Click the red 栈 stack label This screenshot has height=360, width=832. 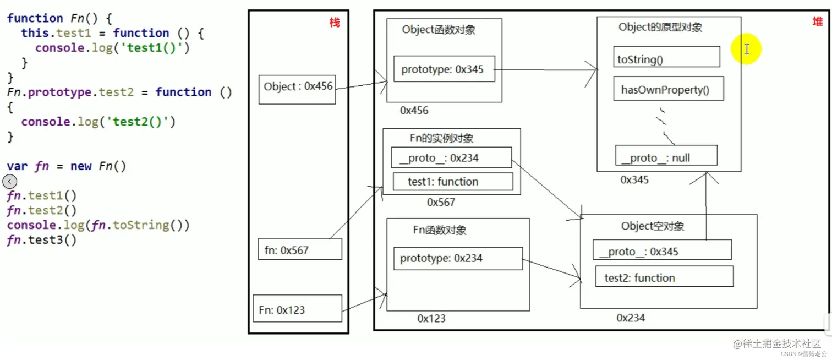(335, 23)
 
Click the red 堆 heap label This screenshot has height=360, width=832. (818, 21)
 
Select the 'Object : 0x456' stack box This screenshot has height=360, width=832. (297, 89)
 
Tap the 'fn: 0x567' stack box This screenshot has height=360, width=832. (300, 249)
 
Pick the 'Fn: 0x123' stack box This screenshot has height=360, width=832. (297, 309)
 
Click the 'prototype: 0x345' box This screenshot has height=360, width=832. (444, 69)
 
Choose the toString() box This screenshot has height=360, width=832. (666, 57)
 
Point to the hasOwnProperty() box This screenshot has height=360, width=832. (668, 89)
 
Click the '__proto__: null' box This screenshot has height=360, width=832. (666, 156)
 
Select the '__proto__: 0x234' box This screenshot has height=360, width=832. (451, 157)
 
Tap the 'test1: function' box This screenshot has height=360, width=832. (453, 181)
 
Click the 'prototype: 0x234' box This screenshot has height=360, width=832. (458, 258)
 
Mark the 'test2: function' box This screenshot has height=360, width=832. (664, 276)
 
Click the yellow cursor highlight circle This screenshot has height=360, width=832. (746, 49)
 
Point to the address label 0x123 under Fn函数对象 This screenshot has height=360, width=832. (431, 318)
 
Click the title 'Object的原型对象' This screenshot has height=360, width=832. (660, 27)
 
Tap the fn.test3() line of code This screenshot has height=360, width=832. (42, 240)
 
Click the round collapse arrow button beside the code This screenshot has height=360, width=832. (9, 181)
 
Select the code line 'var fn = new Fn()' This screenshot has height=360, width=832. (67, 166)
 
